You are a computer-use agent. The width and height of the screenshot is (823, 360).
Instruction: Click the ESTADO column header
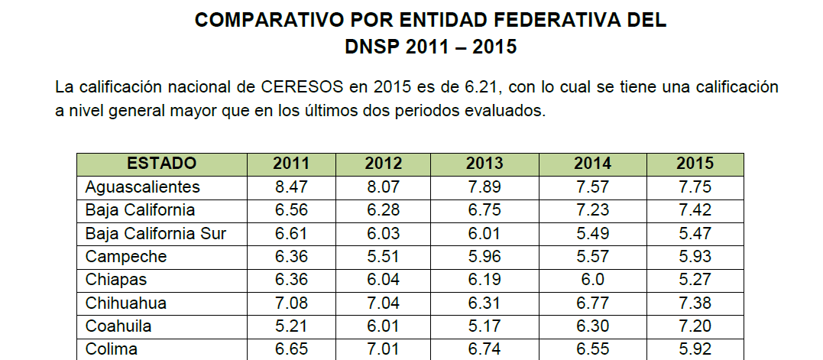point(161,164)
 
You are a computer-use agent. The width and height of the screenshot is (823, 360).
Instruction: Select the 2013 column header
point(484,164)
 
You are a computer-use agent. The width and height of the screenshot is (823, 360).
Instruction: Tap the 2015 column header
point(695,164)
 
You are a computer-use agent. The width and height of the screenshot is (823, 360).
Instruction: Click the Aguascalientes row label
point(143,187)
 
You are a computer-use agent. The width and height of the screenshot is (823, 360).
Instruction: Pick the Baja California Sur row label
point(156,234)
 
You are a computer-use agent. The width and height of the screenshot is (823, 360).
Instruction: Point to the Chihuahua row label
point(126,303)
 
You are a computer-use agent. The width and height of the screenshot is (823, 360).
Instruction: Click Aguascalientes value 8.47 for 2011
point(291,187)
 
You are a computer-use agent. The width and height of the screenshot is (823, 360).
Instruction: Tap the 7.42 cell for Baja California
point(695,210)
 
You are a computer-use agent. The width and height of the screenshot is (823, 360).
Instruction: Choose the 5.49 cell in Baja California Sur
point(592,234)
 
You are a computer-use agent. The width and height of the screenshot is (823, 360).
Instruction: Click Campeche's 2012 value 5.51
point(383,257)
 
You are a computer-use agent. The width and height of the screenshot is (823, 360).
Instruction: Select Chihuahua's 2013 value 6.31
point(484,303)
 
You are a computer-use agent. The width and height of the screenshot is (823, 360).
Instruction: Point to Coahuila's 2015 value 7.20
point(695,326)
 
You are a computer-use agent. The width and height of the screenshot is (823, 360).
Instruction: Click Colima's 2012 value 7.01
point(383,350)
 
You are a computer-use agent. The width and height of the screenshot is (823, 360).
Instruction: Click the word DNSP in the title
point(372,47)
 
